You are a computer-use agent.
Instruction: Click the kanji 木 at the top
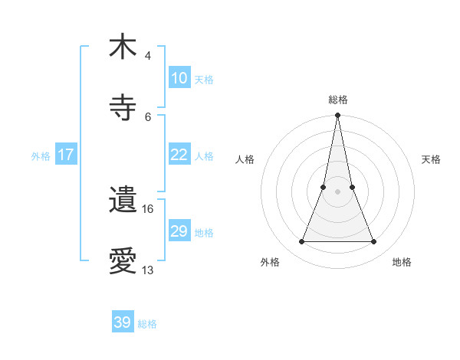pyautogui.click(x=123, y=47)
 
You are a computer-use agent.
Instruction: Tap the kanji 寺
pyautogui.click(x=123, y=107)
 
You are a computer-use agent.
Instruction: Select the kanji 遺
pyautogui.click(x=123, y=201)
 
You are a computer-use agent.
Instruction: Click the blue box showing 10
pyautogui.click(x=179, y=78)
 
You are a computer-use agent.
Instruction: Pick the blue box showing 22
pyautogui.click(x=179, y=155)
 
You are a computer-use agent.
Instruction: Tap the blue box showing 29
pyautogui.click(x=179, y=231)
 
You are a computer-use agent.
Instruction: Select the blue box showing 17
pyautogui.click(x=66, y=155)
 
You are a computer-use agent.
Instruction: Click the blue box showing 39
pyautogui.click(x=123, y=322)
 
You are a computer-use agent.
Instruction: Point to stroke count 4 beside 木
pyautogui.click(x=148, y=56)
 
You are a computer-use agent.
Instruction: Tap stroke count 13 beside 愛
pyautogui.click(x=148, y=270)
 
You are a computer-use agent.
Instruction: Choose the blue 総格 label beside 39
pyautogui.click(x=147, y=324)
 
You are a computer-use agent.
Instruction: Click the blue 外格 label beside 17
pyautogui.click(x=41, y=156)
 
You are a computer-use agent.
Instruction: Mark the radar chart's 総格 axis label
pyautogui.click(x=338, y=100)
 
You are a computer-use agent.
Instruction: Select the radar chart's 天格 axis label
pyautogui.click(x=432, y=159)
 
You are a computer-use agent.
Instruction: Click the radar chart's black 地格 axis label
pyautogui.click(x=402, y=262)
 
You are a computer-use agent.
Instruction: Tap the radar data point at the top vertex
pyautogui.click(x=337, y=116)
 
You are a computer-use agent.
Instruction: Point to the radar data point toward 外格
pyautogui.click(x=301, y=242)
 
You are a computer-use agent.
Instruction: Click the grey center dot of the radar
pyautogui.click(x=337, y=191)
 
